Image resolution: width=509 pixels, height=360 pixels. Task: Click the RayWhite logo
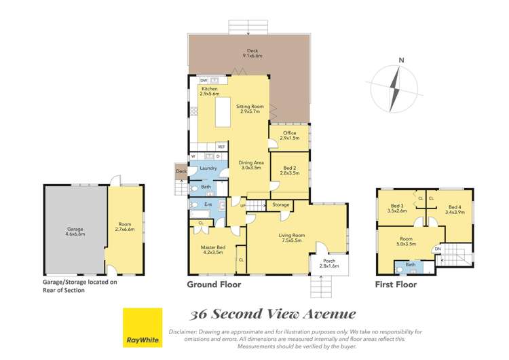[x=142, y=328]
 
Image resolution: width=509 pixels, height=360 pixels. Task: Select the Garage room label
[x=75, y=230]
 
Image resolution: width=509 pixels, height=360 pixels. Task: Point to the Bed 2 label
[x=290, y=170]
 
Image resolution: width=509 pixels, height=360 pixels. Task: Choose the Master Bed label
[x=213, y=249]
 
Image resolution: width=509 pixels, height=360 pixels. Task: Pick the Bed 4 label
[x=454, y=209]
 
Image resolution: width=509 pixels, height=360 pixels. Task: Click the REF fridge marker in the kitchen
[x=221, y=147]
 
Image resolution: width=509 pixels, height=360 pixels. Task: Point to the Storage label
[x=281, y=204]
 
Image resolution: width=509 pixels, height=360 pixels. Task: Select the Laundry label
[x=208, y=168]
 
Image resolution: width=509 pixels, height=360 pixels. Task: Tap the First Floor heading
[x=396, y=285]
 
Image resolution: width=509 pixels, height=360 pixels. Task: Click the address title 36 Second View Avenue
[x=274, y=313]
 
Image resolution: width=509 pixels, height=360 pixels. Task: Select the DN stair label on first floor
[x=437, y=249]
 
